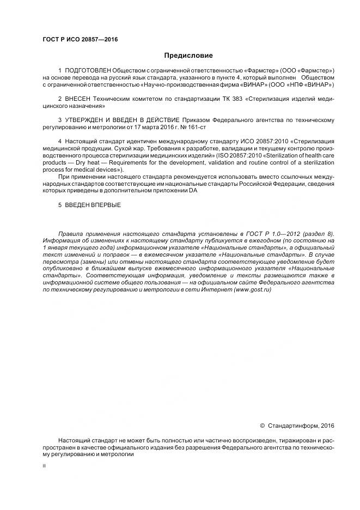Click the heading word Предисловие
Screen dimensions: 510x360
[188, 56]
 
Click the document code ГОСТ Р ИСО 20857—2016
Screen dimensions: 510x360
[80, 39]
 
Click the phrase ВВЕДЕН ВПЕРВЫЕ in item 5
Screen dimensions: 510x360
[94, 205]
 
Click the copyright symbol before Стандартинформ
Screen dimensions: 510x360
[262, 426]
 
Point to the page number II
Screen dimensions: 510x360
[44, 466]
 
